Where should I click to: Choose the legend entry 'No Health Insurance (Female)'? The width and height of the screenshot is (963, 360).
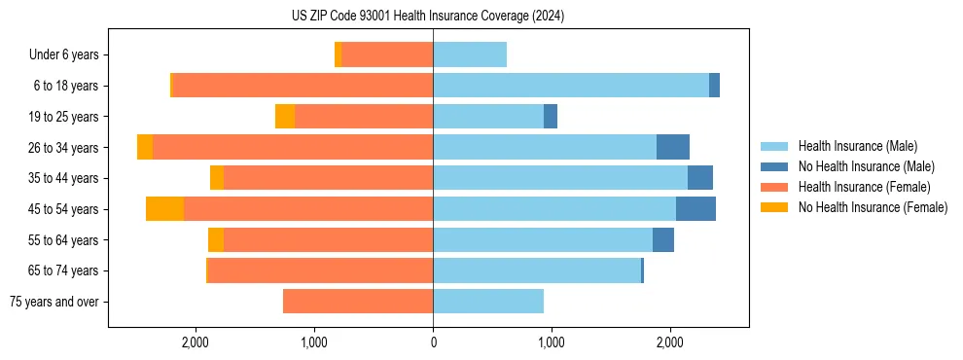(873, 207)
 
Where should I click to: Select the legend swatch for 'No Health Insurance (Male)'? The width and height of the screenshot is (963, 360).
(775, 166)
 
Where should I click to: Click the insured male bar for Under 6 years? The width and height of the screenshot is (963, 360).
(470, 55)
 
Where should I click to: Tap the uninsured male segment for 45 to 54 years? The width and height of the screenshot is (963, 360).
(695, 209)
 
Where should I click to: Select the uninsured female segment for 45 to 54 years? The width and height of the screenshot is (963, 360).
(164, 209)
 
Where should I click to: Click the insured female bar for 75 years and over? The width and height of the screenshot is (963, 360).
(358, 302)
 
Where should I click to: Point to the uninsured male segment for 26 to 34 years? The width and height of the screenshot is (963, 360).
(673, 148)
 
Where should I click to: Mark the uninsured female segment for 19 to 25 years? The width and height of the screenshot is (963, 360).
(284, 117)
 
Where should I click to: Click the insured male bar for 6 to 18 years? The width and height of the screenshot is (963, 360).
(571, 86)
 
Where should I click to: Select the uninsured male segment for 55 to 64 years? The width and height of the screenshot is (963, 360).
(663, 240)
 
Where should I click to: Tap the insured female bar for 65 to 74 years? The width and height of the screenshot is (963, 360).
(321, 270)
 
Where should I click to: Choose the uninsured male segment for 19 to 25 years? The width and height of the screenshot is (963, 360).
(551, 117)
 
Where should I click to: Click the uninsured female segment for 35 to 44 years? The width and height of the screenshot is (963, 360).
(217, 178)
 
